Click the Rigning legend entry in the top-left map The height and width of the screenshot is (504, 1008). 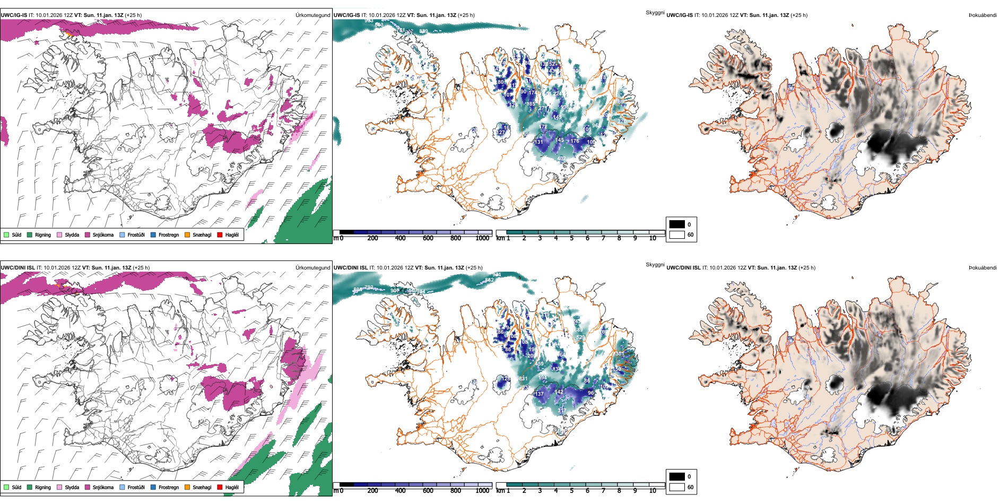click(x=39, y=234)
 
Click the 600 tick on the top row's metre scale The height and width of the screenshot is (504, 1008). click(x=428, y=238)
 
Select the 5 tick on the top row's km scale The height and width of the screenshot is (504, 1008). click(x=571, y=238)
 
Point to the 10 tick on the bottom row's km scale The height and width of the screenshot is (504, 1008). click(x=653, y=491)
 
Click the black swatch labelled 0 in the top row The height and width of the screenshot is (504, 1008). click(x=677, y=224)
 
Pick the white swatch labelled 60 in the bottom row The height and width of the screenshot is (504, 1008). click(x=677, y=487)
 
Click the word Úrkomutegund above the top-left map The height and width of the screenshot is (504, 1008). click(x=312, y=15)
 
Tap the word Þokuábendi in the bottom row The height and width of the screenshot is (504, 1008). click(x=983, y=268)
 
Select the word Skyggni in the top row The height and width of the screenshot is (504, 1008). click(x=655, y=12)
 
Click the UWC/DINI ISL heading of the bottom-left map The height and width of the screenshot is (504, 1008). click(x=18, y=268)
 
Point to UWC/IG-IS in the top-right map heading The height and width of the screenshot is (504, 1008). click(x=680, y=15)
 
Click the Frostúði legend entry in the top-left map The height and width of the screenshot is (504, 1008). click(x=132, y=234)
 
